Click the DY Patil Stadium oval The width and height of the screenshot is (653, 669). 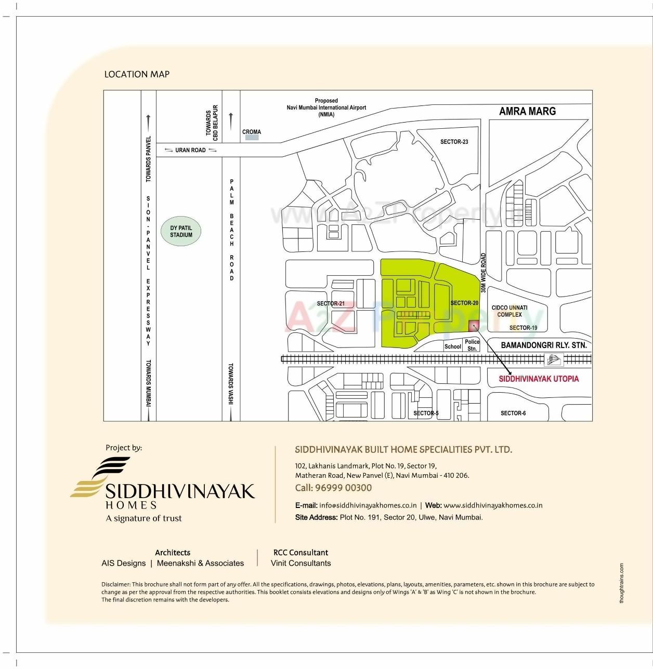[181, 232]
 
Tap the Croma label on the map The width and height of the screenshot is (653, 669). [252, 132]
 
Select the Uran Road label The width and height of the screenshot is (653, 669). [190, 150]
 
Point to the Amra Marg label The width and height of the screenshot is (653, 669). [527, 111]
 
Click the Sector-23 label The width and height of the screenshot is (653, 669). [454, 142]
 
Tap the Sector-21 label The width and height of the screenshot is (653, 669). [331, 304]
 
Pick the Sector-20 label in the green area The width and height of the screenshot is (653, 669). [464, 303]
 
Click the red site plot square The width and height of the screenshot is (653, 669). [474, 326]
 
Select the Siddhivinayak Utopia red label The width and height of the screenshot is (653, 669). [539, 379]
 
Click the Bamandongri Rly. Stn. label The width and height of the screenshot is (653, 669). [543, 345]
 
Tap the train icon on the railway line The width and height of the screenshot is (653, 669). [554, 359]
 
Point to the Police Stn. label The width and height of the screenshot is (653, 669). [472, 345]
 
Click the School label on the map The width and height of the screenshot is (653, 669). [452, 346]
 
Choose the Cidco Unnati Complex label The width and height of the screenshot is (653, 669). [510, 311]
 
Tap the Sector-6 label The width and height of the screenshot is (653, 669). [513, 413]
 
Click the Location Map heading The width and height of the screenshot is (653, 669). [137, 74]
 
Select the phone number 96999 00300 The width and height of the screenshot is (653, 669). [343, 488]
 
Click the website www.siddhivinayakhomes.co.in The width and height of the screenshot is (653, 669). [493, 505]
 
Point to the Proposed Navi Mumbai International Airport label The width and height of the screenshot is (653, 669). [326, 108]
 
